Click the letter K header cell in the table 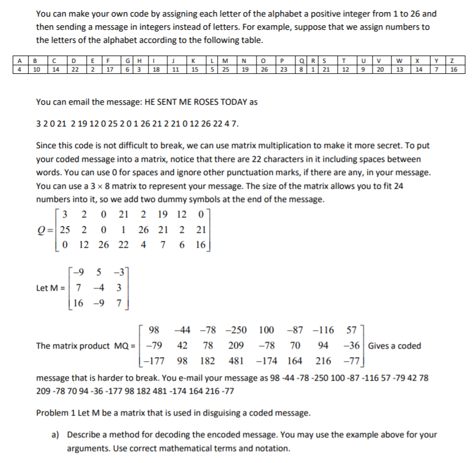click(195, 58)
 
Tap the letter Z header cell click(453, 58)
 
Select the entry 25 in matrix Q click(66, 230)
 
